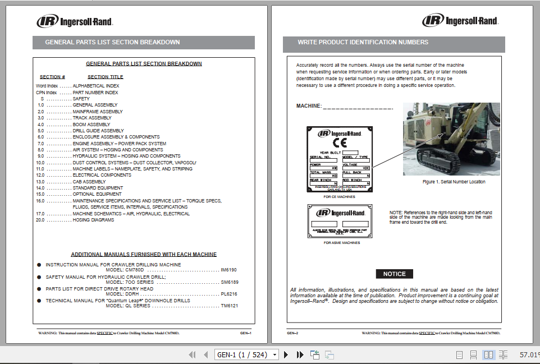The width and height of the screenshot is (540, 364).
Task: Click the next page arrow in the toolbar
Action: (286, 354)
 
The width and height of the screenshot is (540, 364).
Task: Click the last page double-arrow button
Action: (300, 354)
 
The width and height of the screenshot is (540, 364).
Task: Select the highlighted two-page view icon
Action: (488, 354)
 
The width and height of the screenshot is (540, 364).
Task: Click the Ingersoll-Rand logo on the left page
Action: (75, 22)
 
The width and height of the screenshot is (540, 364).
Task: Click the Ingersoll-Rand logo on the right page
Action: (460, 21)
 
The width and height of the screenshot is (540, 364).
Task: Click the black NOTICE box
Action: (394, 274)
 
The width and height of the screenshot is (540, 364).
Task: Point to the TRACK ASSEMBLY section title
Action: (92, 118)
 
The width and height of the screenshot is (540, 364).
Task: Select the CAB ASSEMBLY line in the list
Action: (89, 182)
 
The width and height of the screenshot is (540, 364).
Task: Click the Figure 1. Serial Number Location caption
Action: (454, 182)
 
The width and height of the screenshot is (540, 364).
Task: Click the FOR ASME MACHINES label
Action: (342, 243)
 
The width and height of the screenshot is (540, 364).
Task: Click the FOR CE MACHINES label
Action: (340, 197)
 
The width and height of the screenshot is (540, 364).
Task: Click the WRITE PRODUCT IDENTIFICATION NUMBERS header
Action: (363, 43)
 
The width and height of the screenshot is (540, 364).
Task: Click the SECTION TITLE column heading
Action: (106, 77)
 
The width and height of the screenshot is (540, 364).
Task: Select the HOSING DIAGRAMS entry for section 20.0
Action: (93, 220)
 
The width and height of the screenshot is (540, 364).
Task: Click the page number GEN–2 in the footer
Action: (292, 333)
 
